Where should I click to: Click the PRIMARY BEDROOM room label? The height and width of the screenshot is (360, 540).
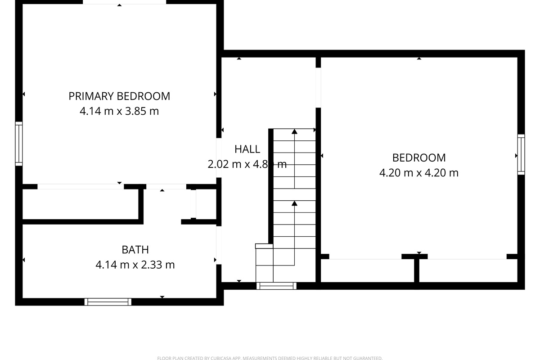coord(119,96)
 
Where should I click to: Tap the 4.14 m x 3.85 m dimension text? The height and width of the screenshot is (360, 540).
coord(119,111)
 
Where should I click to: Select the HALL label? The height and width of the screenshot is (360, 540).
coord(247,149)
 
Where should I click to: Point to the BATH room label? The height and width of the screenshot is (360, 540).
coord(135,249)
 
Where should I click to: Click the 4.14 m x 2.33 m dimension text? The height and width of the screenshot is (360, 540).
coord(135,265)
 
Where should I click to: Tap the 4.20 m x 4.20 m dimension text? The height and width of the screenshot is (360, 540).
coord(419,172)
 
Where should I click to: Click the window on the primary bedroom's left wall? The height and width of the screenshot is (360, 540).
coord(18,144)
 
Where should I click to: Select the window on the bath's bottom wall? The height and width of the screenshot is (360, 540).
coord(108,302)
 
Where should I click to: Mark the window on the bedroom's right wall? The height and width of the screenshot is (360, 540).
coord(521,154)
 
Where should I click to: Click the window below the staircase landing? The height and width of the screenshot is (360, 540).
coord(276,285)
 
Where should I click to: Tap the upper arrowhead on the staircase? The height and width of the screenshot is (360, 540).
coord(294,131)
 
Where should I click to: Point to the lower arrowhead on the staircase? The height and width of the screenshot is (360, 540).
coord(294,203)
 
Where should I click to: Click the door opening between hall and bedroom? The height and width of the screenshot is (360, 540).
coord(318,87)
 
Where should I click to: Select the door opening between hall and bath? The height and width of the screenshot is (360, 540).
coord(219,245)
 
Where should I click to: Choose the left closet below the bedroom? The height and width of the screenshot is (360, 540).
coord(367,270)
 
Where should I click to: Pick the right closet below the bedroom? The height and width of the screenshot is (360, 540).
coord(468,270)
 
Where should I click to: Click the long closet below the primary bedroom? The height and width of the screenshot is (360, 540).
coord(80,204)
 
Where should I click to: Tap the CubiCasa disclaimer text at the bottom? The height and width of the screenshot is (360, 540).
coord(270,358)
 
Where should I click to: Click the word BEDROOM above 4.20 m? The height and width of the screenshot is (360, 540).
coord(419,157)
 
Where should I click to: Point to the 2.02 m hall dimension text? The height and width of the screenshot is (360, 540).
coord(223,164)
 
